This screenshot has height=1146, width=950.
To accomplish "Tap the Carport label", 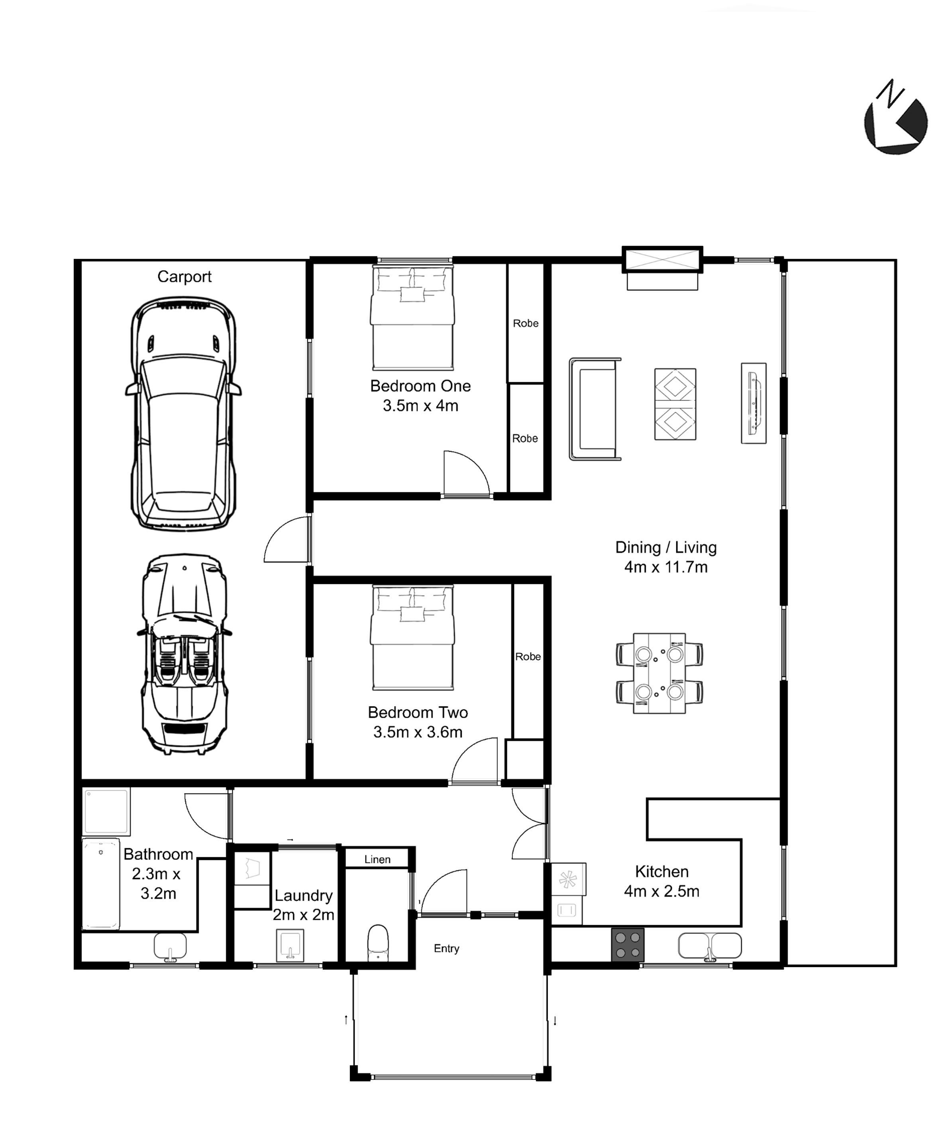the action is tap(185, 277).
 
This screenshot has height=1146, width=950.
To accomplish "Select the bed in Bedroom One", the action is tap(412, 317).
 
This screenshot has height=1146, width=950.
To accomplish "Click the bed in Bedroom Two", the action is tap(412, 637).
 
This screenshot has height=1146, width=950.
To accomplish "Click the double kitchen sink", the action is tap(710, 946).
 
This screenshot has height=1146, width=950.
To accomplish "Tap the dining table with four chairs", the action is tap(659, 674).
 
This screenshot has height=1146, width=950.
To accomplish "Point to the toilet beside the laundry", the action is tap(378, 942).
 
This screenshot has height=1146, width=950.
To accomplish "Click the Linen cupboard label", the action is tap(377, 860).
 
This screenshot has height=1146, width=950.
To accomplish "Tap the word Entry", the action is tap(447, 948).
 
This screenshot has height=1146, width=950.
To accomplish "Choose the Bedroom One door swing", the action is tap(466, 472).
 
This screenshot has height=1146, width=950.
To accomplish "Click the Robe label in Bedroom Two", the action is tap(528, 656).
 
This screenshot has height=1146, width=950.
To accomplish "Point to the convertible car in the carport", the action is tap(185, 655).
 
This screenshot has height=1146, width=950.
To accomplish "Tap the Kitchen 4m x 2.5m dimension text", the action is tap(662, 882).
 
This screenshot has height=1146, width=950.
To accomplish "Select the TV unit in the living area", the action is tap(754, 403).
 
